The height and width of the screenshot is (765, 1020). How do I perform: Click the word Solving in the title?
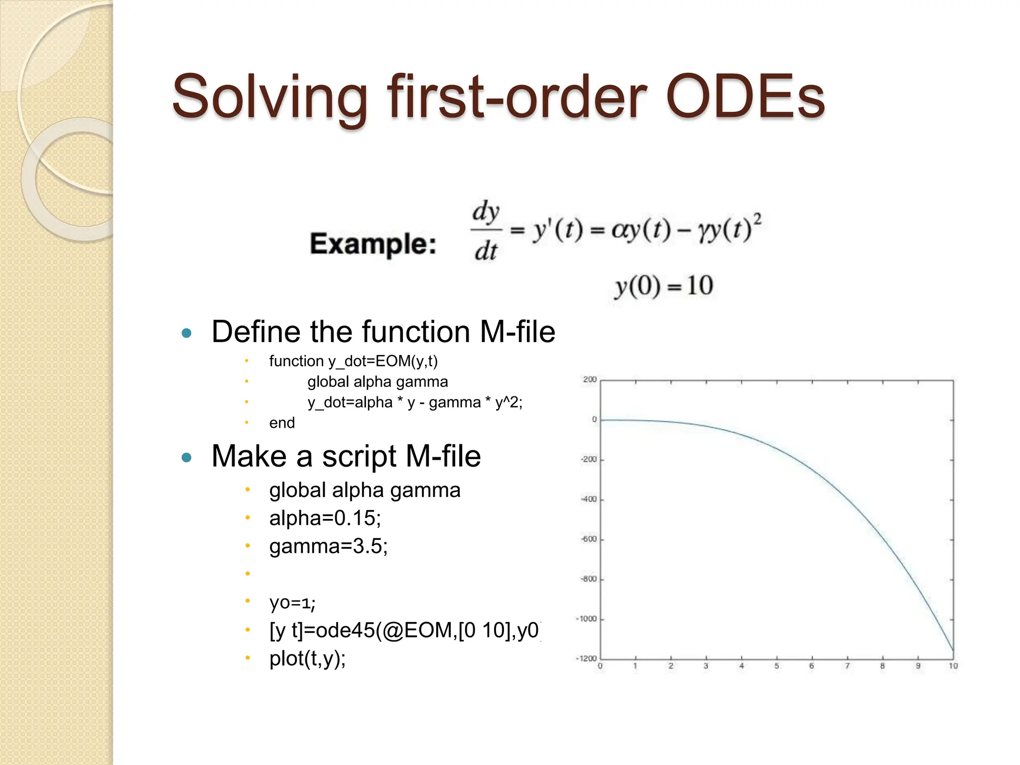pos(269,97)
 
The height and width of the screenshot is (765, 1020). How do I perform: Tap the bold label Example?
pos(373,244)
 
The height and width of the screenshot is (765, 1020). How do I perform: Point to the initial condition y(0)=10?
pos(663,286)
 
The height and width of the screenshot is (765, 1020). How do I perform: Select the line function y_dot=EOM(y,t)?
pos(353,361)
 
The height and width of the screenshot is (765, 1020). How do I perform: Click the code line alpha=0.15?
pos(325,518)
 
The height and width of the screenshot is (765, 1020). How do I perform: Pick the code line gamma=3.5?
pos(328,546)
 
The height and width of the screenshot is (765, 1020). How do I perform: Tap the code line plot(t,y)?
pos(307,658)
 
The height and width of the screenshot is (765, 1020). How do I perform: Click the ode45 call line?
pos(404,631)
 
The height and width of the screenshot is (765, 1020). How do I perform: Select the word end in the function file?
pos(282,423)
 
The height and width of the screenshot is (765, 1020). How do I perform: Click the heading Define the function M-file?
pos(383,332)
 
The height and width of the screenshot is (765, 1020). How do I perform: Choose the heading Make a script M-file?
pos(346,456)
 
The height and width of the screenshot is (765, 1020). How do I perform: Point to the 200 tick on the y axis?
pos(590,380)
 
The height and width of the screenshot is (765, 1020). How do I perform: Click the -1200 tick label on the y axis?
pos(587,658)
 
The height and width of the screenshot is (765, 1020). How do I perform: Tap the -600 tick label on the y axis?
pos(589,539)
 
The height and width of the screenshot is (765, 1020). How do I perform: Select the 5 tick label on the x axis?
pos(776,666)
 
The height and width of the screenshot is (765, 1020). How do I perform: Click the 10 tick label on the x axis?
pos(953,666)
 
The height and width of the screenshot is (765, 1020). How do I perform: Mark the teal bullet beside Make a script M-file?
pos(187,457)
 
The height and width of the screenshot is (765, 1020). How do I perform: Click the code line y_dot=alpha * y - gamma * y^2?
pos(415,402)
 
